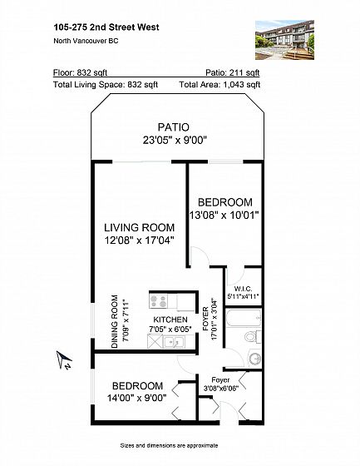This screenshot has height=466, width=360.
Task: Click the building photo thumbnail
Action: (x=284, y=40)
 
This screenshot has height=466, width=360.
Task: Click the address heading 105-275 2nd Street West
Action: (x=106, y=27)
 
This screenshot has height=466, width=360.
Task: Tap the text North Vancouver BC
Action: (x=86, y=41)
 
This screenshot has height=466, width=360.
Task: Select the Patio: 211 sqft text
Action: (x=233, y=72)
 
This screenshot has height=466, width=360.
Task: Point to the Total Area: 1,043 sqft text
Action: (x=219, y=85)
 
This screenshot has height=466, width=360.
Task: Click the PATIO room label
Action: (x=174, y=127)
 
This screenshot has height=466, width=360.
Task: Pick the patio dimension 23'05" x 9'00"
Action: (x=175, y=140)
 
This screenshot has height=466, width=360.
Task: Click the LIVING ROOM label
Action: (x=140, y=228)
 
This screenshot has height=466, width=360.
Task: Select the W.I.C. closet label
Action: (x=243, y=289)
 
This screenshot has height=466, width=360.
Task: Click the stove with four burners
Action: (x=158, y=300)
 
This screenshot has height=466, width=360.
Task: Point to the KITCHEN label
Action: (x=170, y=320)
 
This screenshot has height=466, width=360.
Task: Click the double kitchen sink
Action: (x=174, y=342)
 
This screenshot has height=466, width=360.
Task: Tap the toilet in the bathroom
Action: (x=253, y=337)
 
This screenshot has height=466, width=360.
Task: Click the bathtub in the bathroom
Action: (x=244, y=318)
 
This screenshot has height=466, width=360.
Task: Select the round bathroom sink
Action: (x=255, y=359)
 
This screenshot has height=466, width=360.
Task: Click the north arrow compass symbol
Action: (x=64, y=359)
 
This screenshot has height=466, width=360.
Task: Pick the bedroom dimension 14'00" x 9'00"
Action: (x=136, y=398)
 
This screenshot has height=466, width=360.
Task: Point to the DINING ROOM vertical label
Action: (x=115, y=321)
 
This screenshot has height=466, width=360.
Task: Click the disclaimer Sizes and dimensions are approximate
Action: (x=169, y=445)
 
